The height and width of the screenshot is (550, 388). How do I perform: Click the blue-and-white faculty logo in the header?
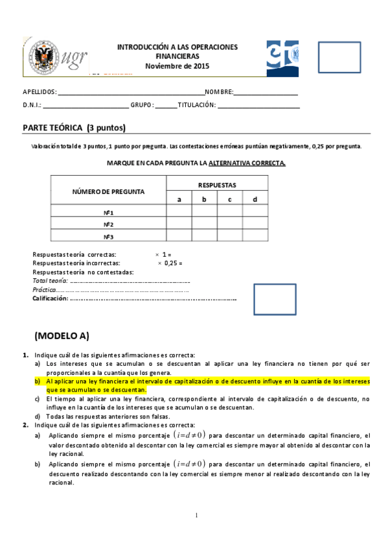click(282, 58)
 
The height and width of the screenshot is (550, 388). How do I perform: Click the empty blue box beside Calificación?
click(275, 299)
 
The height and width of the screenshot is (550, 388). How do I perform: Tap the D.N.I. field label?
click(32, 105)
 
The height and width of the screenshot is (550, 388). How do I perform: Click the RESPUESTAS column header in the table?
click(217, 185)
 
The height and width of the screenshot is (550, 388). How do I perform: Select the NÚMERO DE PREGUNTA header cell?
click(108, 192)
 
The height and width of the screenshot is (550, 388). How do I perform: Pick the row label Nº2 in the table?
click(109, 224)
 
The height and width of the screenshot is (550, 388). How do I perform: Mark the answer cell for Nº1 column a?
click(179, 211)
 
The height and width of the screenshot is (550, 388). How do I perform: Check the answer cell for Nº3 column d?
click(255, 236)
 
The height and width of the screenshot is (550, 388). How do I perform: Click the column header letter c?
click(229, 199)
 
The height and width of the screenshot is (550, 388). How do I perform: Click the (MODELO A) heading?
click(62, 335)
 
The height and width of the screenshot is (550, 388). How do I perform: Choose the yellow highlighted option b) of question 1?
click(204, 386)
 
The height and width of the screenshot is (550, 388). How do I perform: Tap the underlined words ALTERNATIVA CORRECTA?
click(251, 163)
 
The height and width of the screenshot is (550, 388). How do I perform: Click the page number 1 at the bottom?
click(195, 516)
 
